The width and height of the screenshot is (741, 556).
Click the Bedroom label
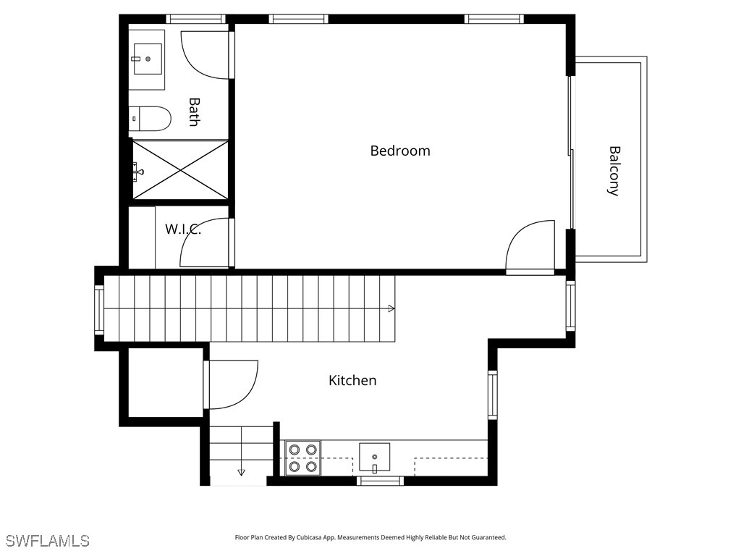pyautogui.click(x=400, y=151)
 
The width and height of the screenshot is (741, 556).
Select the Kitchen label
pyautogui.click(x=352, y=380)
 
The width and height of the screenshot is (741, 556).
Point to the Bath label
pyautogui.click(x=193, y=112)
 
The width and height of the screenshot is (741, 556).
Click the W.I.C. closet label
pyautogui.click(x=182, y=229)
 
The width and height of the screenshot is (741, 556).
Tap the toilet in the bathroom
pyautogui.click(x=151, y=119)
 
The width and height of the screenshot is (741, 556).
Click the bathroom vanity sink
pyautogui.click(x=147, y=59)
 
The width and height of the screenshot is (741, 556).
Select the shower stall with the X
pyautogui.click(x=180, y=170)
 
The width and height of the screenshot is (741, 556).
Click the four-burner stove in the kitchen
pyautogui.click(x=303, y=458)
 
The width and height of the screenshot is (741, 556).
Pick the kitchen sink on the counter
pyautogui.click(x=374, y=457)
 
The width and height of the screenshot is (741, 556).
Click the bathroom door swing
pyautogui.click(x=206, y=55)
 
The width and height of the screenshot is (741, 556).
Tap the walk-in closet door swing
pyautogui.click(x=206, y=243)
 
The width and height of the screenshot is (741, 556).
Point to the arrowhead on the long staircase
pyautogui.click(x=391, y=308)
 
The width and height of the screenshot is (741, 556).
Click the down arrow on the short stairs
pyautogui.click(x=241, y=472)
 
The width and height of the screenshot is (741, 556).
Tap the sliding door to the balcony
pyautogui.click(x=572, y=152)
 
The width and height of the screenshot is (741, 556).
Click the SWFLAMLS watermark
pyautogui.click(x=47, y=541)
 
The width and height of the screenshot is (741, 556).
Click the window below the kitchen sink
pyautogui.click(x=380, y=481)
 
